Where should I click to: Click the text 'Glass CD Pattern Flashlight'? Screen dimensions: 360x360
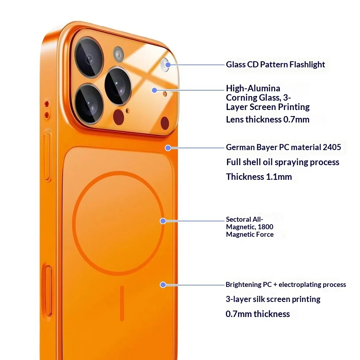(x=275, y=64)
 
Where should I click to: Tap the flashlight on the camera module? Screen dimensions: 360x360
(x=166, y=64)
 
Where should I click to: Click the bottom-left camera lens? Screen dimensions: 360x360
(x=88, y=103)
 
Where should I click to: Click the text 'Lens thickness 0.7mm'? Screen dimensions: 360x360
(x=267, y=120)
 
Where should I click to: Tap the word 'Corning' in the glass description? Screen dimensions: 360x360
(x=241, y=97)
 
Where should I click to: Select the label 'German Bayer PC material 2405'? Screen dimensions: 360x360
(x=283, y=147)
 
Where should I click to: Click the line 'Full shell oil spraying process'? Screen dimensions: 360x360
(x=283, y=162)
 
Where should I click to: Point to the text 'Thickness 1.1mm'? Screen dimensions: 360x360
(x=259, y=177)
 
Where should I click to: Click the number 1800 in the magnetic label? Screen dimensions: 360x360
(x=266, y=227)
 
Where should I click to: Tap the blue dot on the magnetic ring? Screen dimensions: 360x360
(x=163, y=221)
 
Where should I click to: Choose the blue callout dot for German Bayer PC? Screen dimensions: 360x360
(x=168, y=148)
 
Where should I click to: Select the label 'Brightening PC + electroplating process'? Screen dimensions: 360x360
(x=285, y=285)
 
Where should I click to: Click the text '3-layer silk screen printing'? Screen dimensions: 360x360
(x=273, y=299)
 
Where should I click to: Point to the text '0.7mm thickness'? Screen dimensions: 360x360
(x=258, y=314)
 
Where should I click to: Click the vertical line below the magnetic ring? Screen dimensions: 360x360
(x=122, y=303)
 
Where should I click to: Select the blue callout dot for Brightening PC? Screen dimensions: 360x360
(x=163, y=285)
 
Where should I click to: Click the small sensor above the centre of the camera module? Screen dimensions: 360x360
(x=118, y=54)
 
